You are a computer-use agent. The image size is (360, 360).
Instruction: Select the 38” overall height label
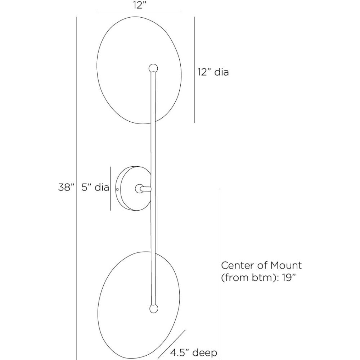click(66, 187)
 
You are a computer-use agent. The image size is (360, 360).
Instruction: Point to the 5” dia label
click(95, 187)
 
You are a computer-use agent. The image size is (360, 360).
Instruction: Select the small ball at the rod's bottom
click(153, 308)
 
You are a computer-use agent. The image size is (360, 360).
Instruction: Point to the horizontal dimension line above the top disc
click(139, 12)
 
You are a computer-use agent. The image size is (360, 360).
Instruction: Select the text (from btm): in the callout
click(251, 277)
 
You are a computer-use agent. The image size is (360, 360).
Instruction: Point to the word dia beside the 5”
click(102, 187)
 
